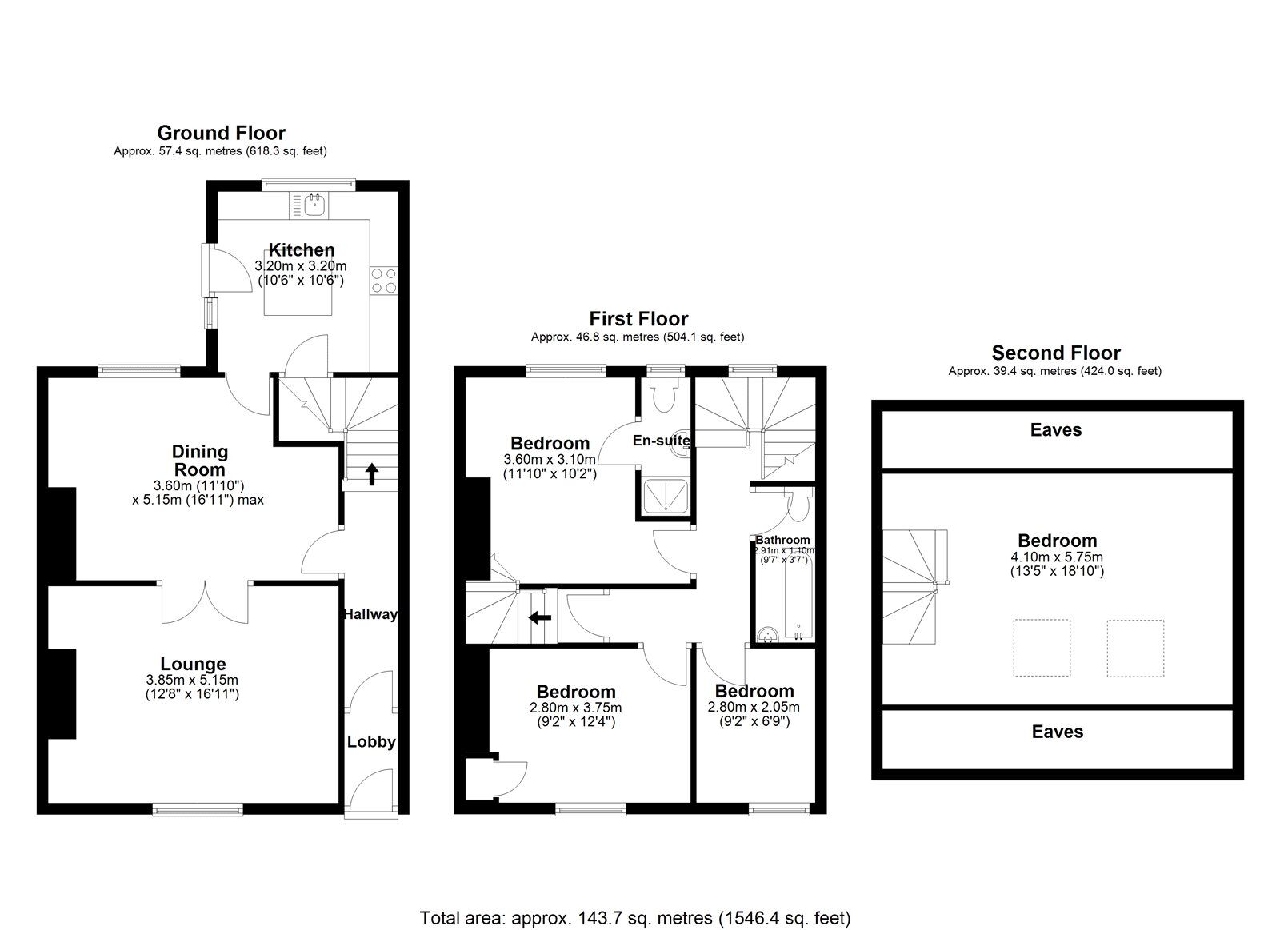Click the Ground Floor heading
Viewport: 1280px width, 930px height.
[221, 133]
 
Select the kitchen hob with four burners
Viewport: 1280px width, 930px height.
[383, 281]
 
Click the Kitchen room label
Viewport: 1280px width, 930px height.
[301, 250]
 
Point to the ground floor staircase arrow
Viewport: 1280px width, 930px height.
[372, 473]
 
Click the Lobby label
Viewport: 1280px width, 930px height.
[371, 742]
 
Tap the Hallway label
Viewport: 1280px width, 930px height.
[370, 614]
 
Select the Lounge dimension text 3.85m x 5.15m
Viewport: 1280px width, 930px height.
[192, 681]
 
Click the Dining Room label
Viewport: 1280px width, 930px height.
[200, 461]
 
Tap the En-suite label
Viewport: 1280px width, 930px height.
[662, 441]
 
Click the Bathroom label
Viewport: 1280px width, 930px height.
[782, 540]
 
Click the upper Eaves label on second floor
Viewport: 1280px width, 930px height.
[1056, 430]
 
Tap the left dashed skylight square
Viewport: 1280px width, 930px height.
[1042, 648]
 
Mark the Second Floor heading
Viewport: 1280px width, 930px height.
[1056, 353]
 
